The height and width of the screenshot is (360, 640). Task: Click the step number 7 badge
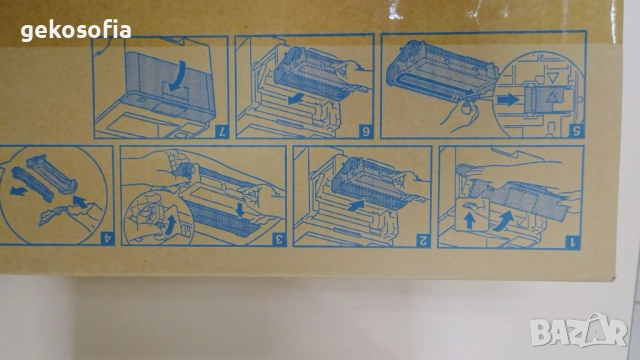pyautogui.click(x=222, y=131)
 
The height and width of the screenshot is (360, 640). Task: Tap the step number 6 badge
pyautogui.click(x=366, y=131)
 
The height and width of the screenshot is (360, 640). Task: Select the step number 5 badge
pyautogui.click(x=577, y=131)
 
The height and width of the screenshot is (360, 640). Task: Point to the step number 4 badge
pyautogui.click(x=107, y=238)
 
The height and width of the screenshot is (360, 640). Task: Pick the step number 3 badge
pyautogui.click(x=279, y=239)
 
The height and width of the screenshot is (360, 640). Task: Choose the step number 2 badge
pyautogui.click(x=424, y=241)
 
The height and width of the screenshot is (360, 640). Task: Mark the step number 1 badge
pyautogui.click(x=573, y=242)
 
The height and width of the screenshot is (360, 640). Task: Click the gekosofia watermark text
pyautogui.click(x=76, y=31)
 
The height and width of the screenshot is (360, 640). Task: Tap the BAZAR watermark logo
pyautogui.click(x=579, y=331)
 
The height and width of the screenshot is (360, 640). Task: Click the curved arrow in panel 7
pyautogui.click(x=180, y=77)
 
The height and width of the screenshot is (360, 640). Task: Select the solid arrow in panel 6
pyautogui.click(x=296, y=99)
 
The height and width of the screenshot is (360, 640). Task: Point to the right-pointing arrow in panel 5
pyautogui.click(x=507, y=99)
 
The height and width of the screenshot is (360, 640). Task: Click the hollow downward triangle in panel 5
pyautogui.click(x=553, y=78)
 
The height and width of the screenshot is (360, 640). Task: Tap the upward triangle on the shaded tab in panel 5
pyautogui.click(x=552, y=98)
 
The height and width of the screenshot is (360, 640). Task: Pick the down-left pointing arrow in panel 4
pyautogui.click(x=20, y=190)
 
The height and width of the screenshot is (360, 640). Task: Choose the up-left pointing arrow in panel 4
pyautogui.click(x=80, y=201)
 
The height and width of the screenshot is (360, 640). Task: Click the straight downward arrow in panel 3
pyautogui.click(x=240, y=209)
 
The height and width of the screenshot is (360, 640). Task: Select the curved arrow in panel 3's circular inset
pyautogui.click(x=171, y=225)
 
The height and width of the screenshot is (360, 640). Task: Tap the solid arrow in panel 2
pyautogui.click(x=356, y=204)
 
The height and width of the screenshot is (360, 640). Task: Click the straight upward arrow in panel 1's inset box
pyautogui.click(x=469, y=221)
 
